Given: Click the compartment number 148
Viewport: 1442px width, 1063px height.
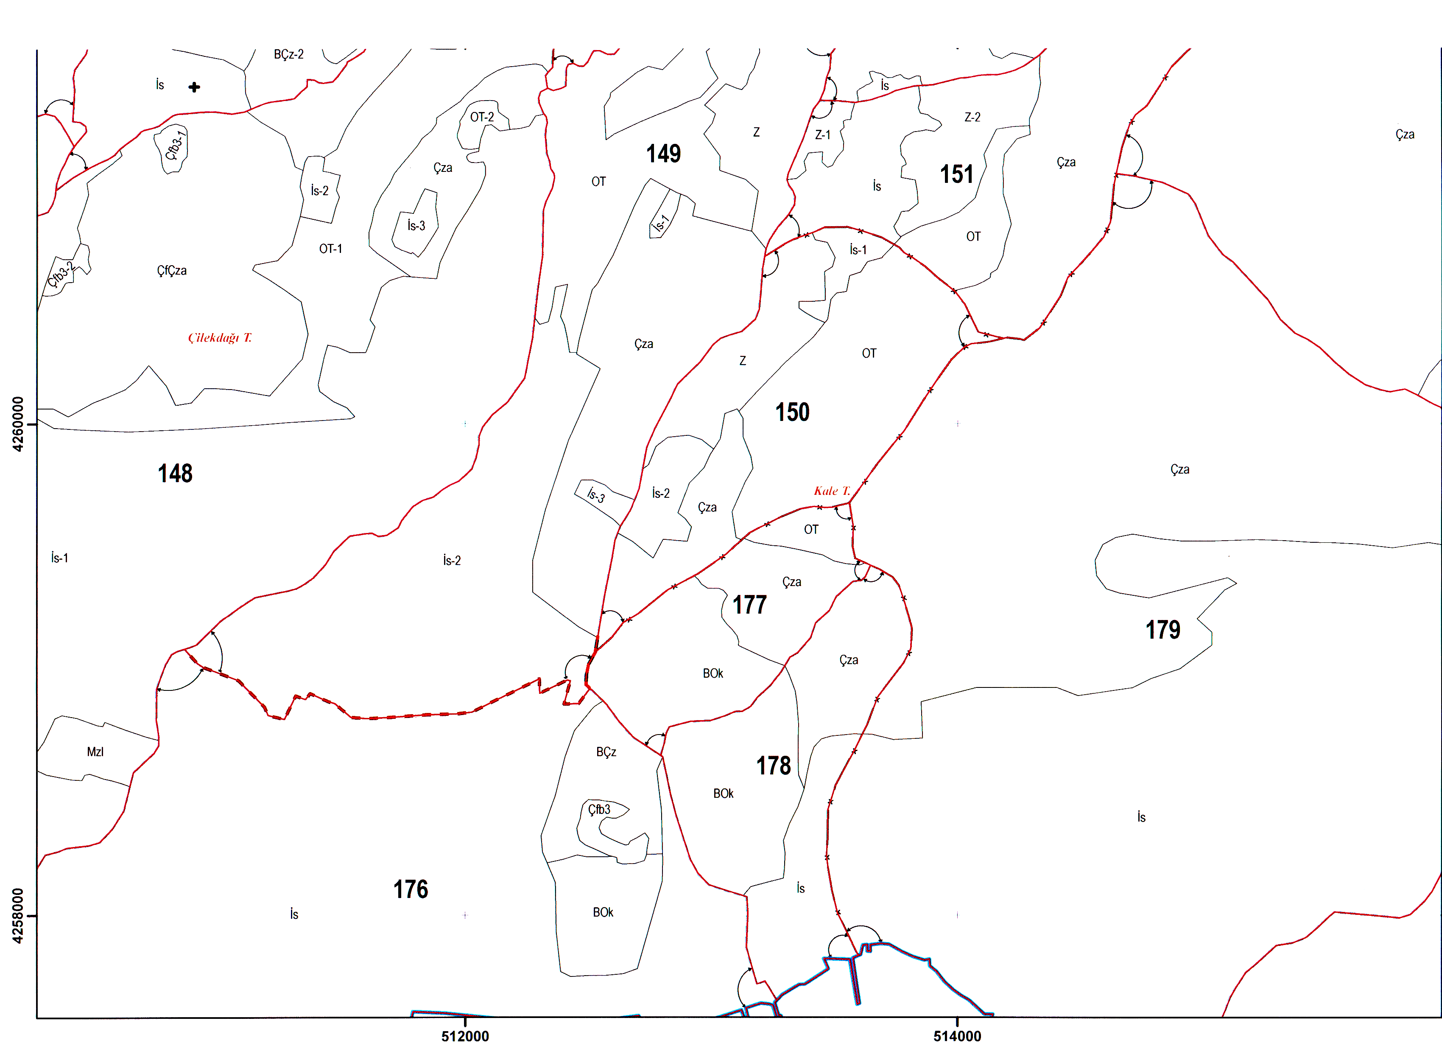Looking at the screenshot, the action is pyautogui.click(x=175, y=474).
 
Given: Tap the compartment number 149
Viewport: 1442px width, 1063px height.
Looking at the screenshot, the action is pyautogui.click(x=663, y=154).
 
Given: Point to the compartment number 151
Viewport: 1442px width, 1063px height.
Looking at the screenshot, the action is pyautogui.click(x=956, y=174).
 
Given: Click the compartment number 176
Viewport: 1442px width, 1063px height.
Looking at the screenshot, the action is pyautogui.click(x=411, y=889).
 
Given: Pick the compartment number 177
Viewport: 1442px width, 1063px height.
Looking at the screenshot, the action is pyautogui.click(x=749, y=605).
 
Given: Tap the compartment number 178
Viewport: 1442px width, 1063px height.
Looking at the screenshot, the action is pyautogui.click(x=773, y=766).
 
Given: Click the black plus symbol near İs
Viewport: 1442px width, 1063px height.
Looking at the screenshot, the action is pyautogui.click(x=194, y=87).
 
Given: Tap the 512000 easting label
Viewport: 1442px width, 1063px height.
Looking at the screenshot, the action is pyautogui.click(x=464, y=1036).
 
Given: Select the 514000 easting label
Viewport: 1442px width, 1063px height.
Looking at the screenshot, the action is pyautogui.click(x=957, y=1036).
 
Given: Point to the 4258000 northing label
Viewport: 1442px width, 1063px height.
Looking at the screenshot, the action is pyautogui.click(x=17, y=916).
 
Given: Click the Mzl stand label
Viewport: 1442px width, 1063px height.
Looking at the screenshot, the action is pyautogui.click(x=95, y=752).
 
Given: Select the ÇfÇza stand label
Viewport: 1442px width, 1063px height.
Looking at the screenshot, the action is pyautogui.click(x=172, y=271).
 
